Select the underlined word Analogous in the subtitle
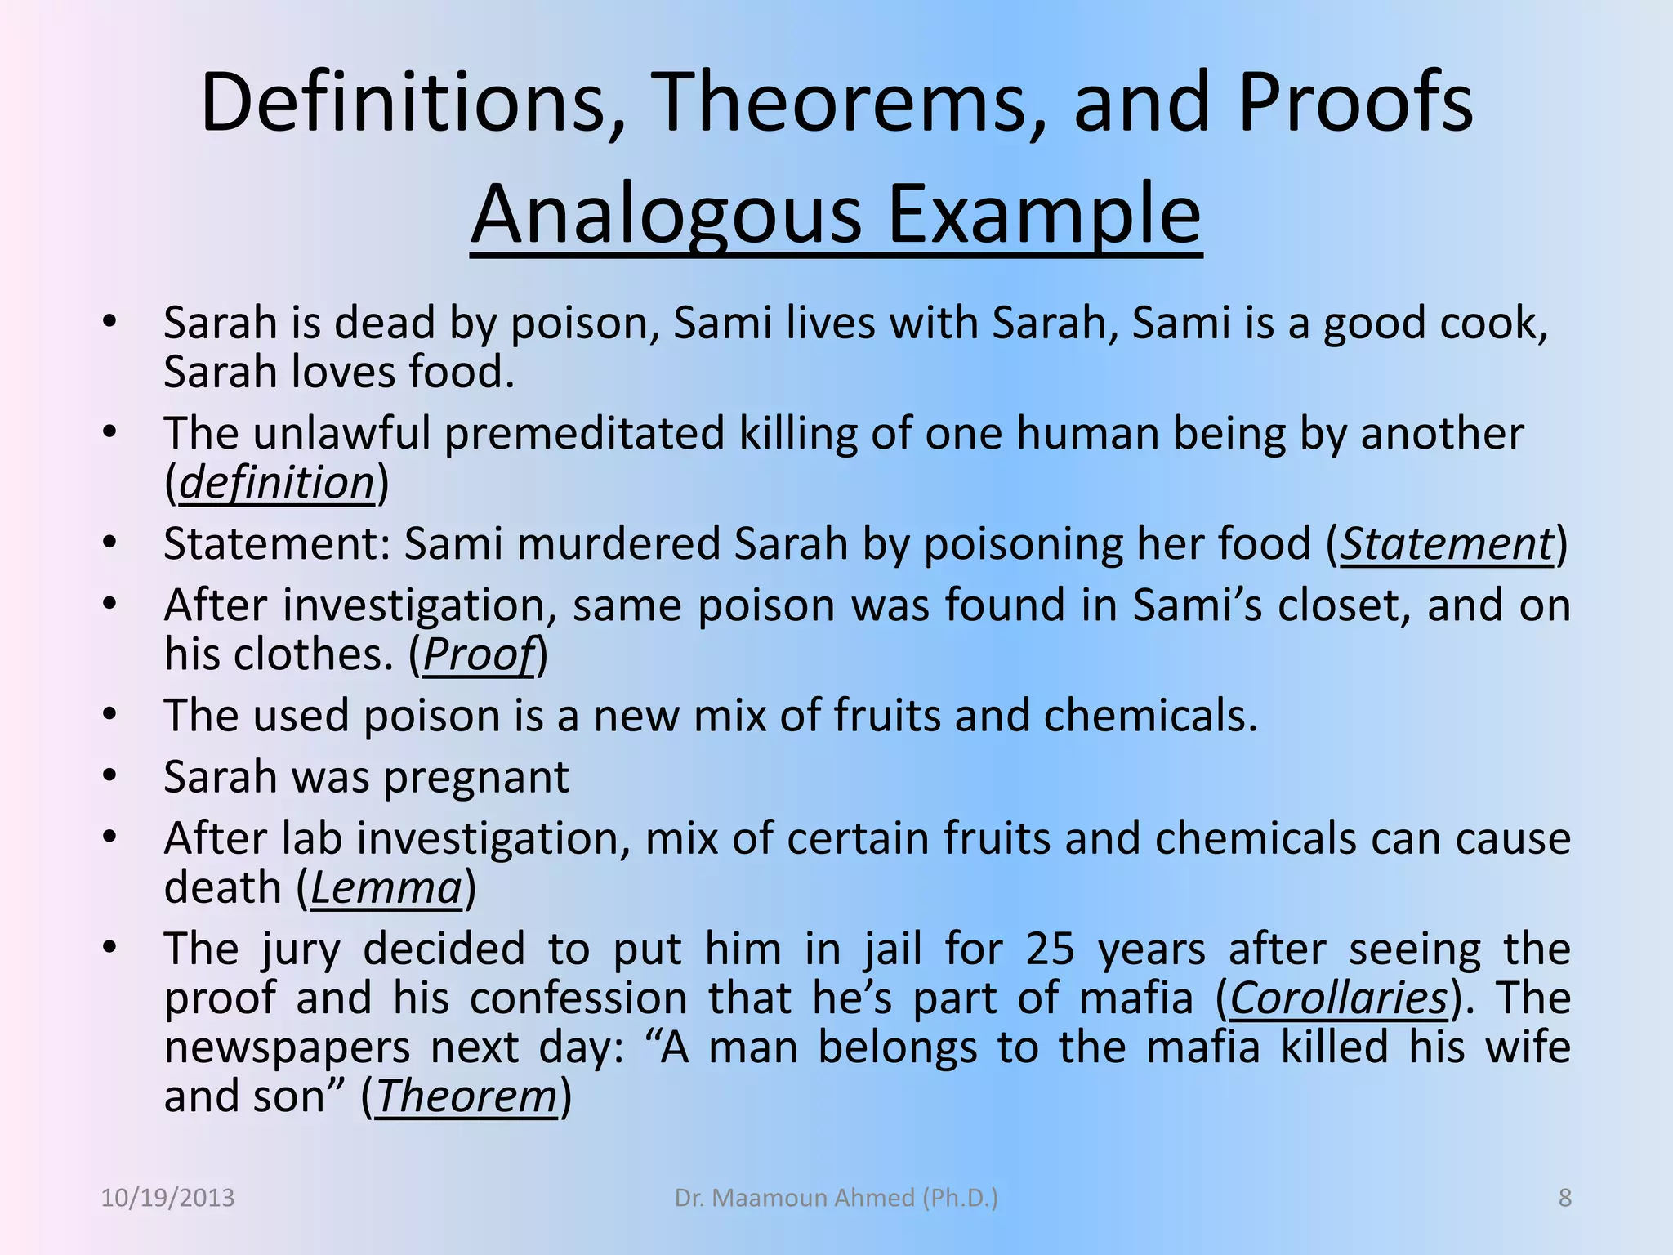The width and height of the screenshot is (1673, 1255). point(666,214)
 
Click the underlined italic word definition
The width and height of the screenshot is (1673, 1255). point(276,483)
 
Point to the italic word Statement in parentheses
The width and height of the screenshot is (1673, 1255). point(1446,544)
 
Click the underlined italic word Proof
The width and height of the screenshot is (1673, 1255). point(478,654)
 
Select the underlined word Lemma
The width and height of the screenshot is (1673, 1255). point(386,888)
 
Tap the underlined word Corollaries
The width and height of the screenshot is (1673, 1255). point(1338,998)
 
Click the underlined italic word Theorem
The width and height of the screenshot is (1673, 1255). point(466,1096)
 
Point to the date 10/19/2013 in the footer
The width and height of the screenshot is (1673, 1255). point(167,1198)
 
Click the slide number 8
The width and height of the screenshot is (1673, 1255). point(1564,1198)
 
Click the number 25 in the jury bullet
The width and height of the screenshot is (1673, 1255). point(1050,949)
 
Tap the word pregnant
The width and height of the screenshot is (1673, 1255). point(475,777)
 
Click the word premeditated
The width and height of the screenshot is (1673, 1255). point(583,433)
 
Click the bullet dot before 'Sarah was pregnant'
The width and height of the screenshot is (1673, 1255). point(110,775)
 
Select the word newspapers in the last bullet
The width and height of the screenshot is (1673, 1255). point(287,1047)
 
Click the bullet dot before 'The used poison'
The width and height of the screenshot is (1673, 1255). point(110,713)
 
